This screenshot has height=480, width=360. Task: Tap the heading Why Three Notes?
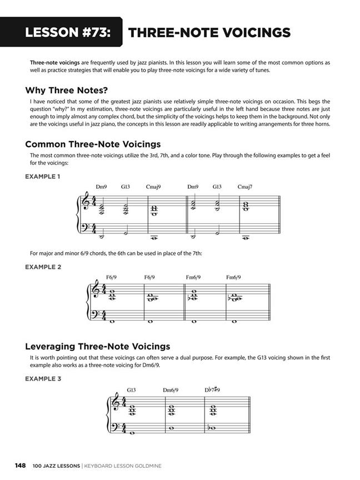(67, 90)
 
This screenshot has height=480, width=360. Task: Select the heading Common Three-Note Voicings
(93, 144)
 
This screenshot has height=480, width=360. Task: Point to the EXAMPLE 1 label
(43, 177)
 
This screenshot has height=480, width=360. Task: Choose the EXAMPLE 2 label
(43, 267)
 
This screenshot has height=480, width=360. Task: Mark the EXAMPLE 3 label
(43, 379)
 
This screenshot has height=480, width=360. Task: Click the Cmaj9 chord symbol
(154, 187)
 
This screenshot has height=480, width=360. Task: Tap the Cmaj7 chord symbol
(246, 187)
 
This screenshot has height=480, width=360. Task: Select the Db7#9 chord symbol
(212, 390)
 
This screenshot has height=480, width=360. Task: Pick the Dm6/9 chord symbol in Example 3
(171, 390)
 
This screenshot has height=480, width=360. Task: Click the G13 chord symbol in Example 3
(131, 390)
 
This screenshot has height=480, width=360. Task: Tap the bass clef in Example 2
(96, 314)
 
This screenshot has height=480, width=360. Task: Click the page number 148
(21, 465)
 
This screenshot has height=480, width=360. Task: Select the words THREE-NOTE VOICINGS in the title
(209, 32)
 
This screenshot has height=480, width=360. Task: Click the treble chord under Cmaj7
(246, 206)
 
